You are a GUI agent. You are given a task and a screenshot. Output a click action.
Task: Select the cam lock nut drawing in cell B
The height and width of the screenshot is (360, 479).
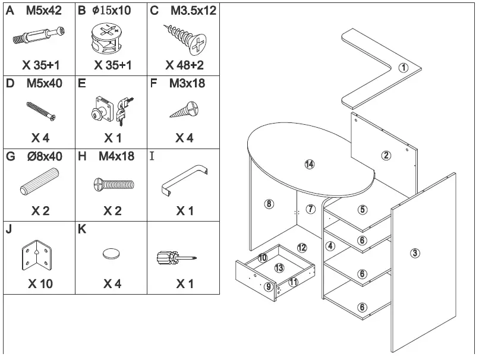[x=111, y=39]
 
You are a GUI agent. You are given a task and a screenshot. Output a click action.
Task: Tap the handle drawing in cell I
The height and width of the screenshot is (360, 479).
[x=185, y=181]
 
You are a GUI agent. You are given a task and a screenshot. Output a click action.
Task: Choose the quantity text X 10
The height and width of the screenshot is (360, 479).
[x=40, y=284]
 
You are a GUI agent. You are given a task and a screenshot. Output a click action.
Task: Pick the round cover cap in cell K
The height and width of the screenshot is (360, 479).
[x=112, y=254]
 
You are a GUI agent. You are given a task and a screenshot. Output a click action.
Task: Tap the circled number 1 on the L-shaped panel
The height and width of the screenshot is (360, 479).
[x=404, y=67]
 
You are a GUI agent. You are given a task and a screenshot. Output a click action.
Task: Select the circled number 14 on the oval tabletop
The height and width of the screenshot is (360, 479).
[x=309, y=165]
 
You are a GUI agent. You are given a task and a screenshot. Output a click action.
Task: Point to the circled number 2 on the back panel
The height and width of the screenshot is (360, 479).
[x=386, y=156]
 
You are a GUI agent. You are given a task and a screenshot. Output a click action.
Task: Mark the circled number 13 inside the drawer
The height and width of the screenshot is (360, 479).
[x=279, y=269]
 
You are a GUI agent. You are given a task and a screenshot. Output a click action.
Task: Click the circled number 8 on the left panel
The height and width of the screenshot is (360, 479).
[x=269, y=204]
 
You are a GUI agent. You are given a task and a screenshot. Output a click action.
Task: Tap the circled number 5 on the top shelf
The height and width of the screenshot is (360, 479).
[x=363, y=210]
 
